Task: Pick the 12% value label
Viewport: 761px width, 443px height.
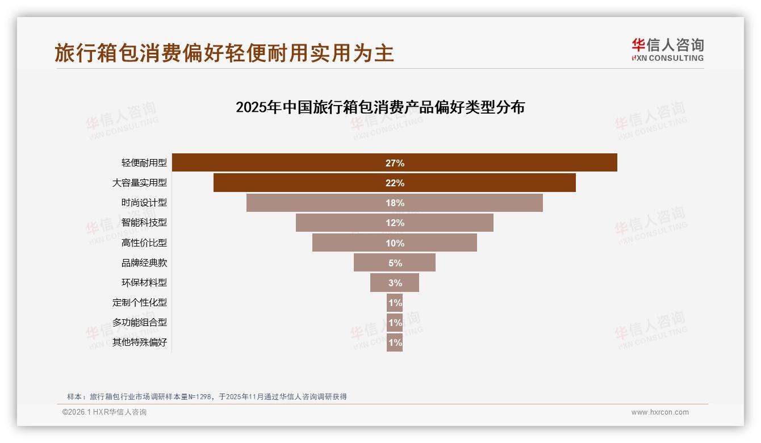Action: click(395, 223)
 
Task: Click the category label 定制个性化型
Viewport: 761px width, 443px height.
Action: click(140, 303)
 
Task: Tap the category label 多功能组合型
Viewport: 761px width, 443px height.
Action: click(140, 323)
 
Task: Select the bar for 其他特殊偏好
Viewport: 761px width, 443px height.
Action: click(395, 342)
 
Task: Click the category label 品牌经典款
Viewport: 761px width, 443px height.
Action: click(144, 263)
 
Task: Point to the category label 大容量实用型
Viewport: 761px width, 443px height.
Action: click(140, 183)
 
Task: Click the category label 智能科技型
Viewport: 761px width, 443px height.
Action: click(144, 223)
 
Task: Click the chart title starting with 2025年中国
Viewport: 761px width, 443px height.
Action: click(380, 107)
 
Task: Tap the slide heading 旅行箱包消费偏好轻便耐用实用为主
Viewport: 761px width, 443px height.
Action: click(224, 53)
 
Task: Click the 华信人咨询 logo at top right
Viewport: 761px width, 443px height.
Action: click(667, 50)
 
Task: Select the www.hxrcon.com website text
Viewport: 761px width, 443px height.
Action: click(660, 412)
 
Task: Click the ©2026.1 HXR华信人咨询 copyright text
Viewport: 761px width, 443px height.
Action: click(104, 412)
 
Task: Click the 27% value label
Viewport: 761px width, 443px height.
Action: click(395, 163)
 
